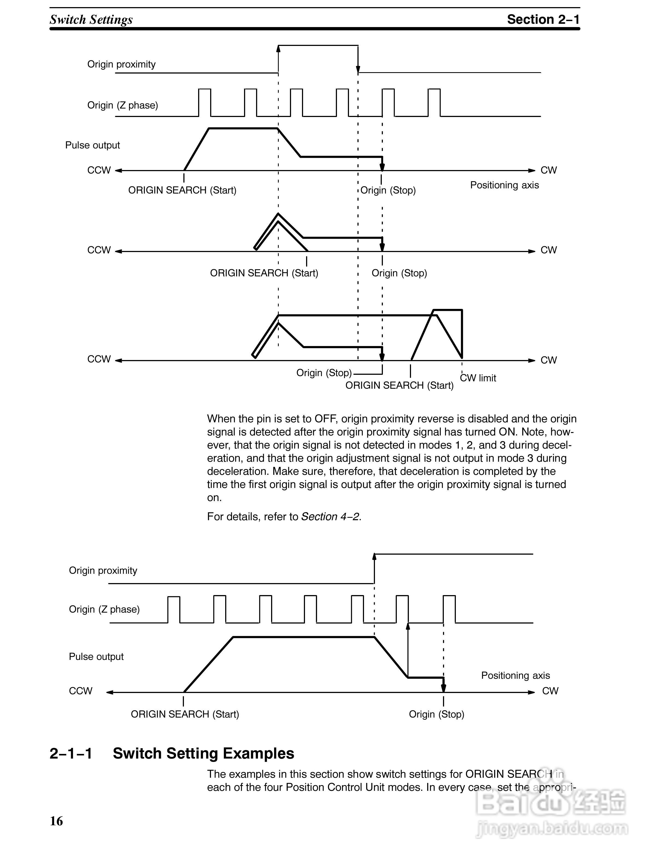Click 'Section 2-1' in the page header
click(x=543, y=19)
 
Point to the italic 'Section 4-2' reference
click(x=330, y=516)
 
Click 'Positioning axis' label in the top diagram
click(x=504, y=185)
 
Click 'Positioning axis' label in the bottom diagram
click(x=515, y=675)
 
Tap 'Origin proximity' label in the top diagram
click(x=121, y=64)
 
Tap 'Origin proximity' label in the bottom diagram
click(x=103, y=570)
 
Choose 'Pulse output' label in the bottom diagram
click(x=96, y=657)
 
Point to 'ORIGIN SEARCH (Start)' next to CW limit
click(x=399, y=385)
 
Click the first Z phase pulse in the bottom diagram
click(x=174, y=609)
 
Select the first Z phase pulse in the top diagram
click(x=204, y=102)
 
